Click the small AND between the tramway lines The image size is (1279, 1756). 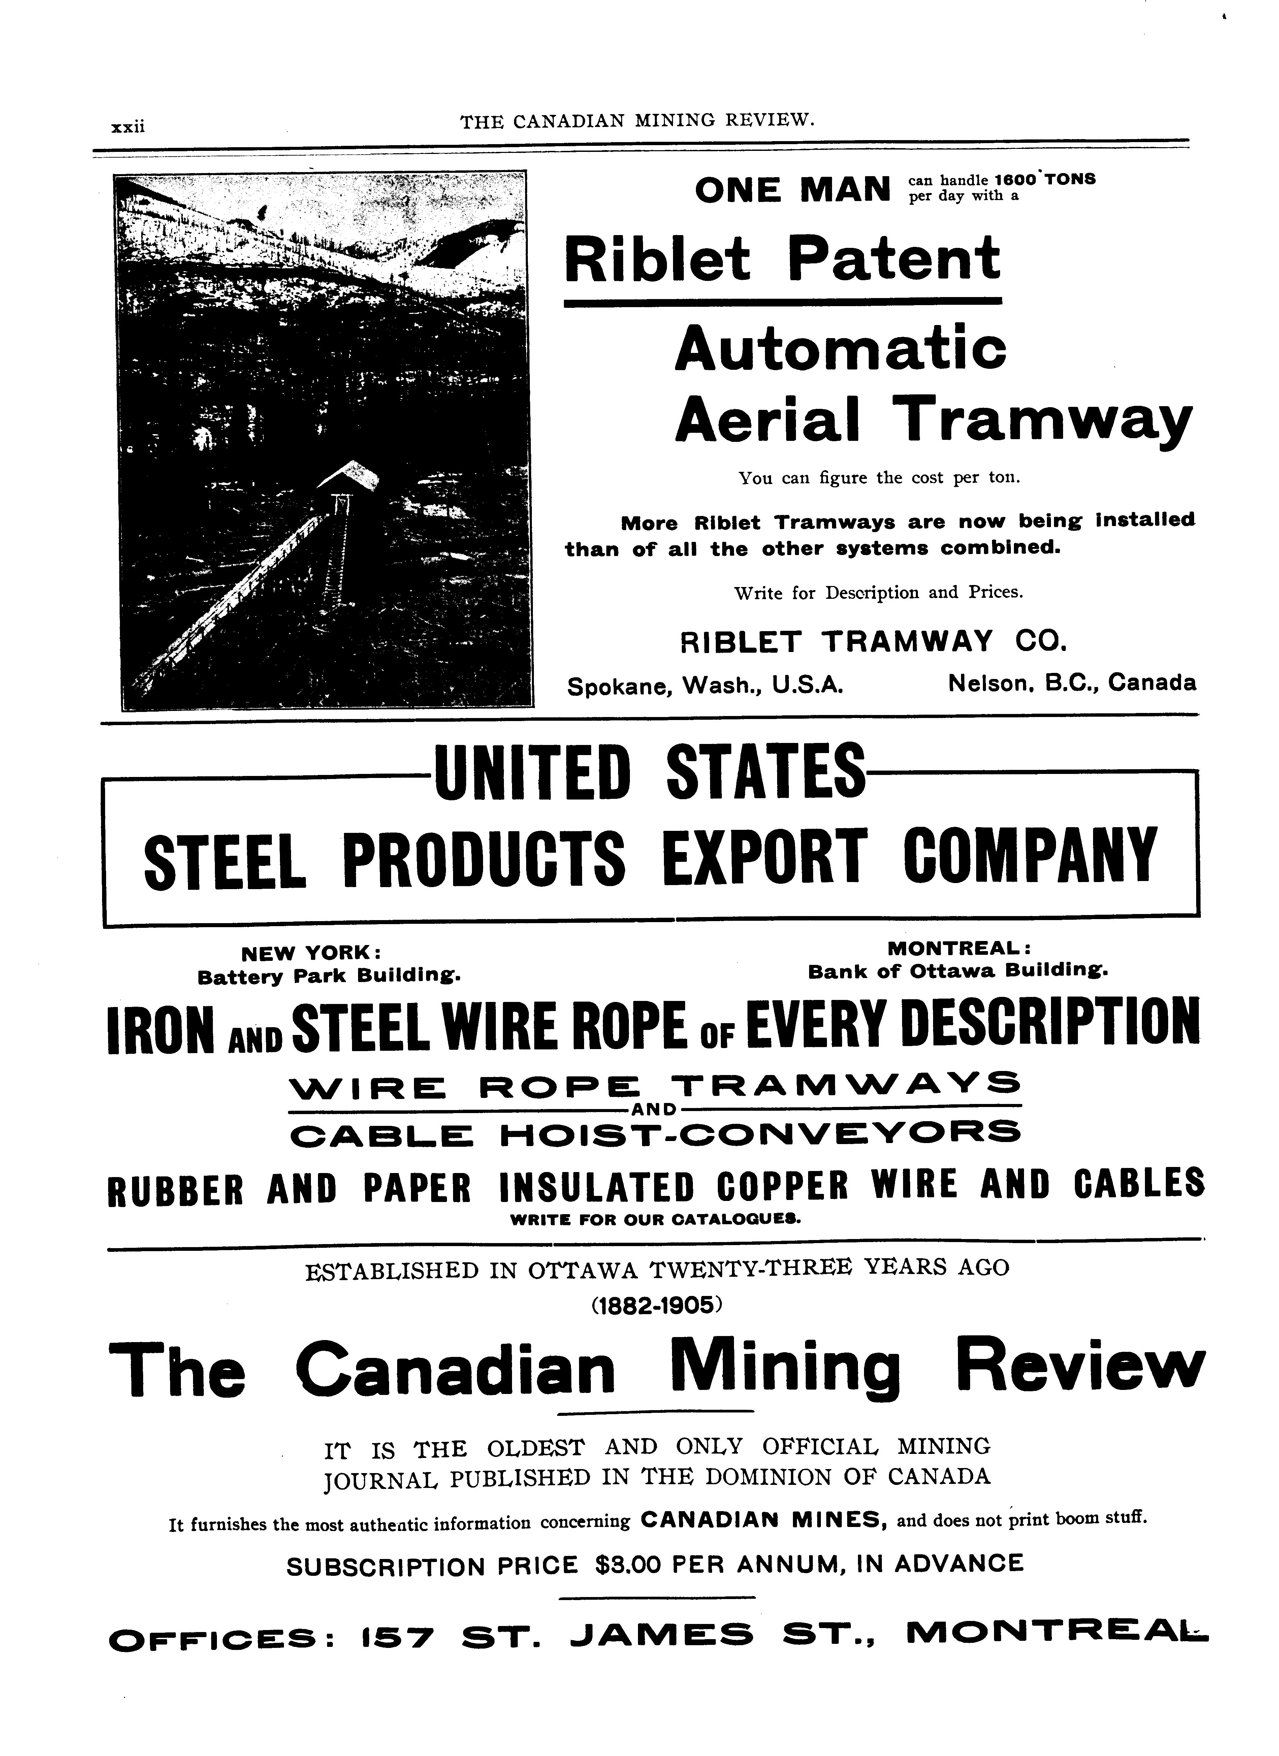(x=655, y=1108)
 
